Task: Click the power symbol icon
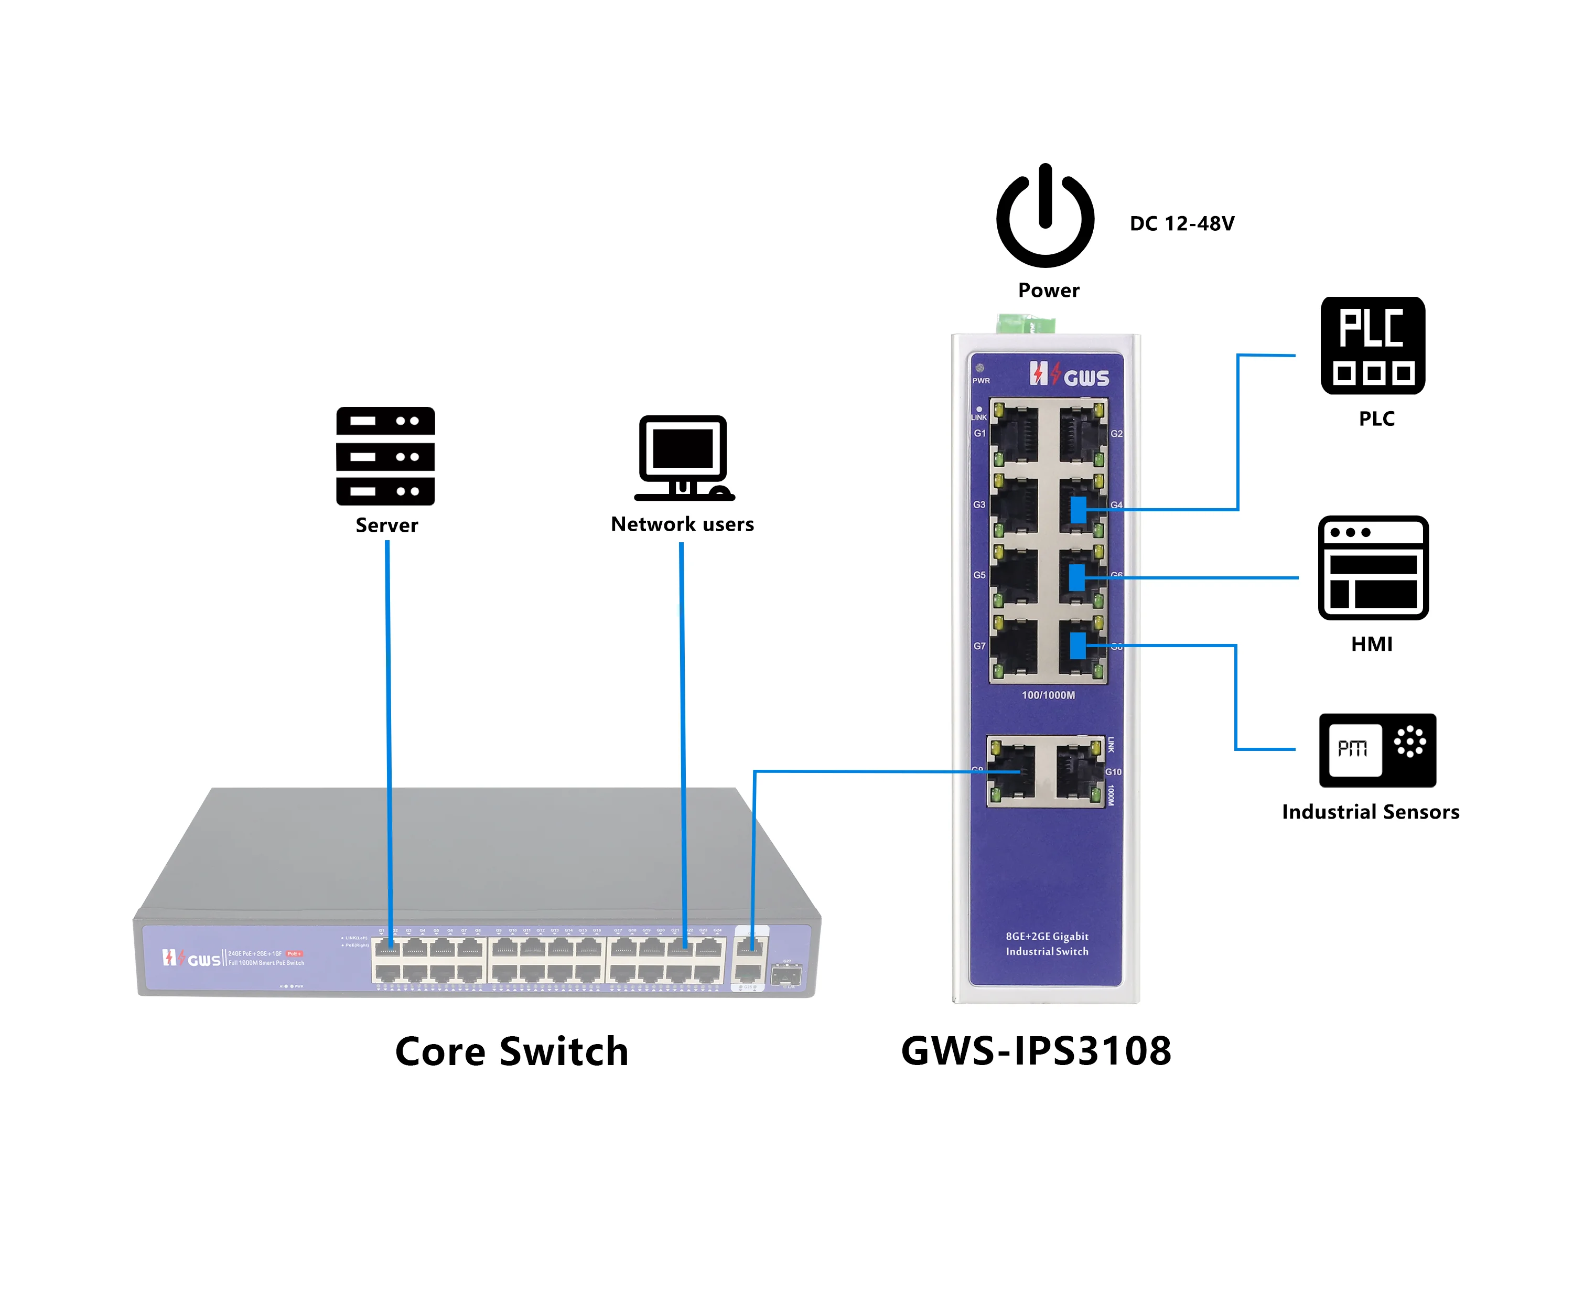1045,217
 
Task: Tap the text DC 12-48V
1181,223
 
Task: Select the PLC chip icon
1372,346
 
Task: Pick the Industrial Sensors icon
1377,750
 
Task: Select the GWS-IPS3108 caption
1036,1050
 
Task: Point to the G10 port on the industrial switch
1080,771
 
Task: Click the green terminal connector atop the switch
1026,325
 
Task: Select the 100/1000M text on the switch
1048,695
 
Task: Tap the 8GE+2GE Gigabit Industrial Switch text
1047,944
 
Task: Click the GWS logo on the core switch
192,958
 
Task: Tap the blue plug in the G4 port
1078,510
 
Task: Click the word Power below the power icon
1048,290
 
